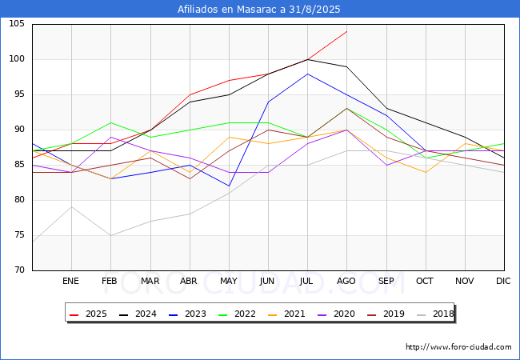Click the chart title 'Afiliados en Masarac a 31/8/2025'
[x=259, y=10]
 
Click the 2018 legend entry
[x=442, y=314]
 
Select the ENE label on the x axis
[x=71, y=282]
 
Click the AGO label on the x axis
[x=346, y=282]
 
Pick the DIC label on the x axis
[x=503, y=282]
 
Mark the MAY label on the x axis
[x=228, y=282]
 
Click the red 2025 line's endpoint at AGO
[x=346, y=31]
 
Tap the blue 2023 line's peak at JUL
[x=307, y=74]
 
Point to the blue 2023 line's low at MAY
[x=229, y=186]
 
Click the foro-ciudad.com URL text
[x=458, y=347]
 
